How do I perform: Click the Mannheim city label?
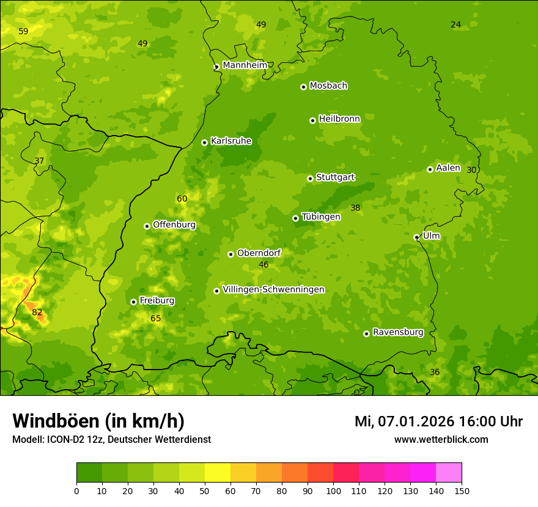point(245,65)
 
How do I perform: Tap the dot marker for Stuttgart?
point(310,178)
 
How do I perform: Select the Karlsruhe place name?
point(231,141)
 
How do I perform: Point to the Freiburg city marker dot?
point(133,302)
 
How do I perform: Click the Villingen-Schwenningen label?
point(273,290)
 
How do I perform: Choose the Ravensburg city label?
point(398,332)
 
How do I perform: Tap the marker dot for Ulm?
point(416,237)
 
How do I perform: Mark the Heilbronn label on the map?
point(339,119)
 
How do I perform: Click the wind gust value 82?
point(37,312)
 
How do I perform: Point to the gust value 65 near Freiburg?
point(156,318)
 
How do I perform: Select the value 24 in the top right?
point(455,24)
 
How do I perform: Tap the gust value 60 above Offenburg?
point(182,199)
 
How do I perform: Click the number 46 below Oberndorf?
point(263,264)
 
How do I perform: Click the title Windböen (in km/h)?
point(98,421)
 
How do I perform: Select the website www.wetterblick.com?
point(441,439)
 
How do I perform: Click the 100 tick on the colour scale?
point(333,491)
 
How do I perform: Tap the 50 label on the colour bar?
point(205,491)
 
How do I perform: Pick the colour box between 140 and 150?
point(449,473)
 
